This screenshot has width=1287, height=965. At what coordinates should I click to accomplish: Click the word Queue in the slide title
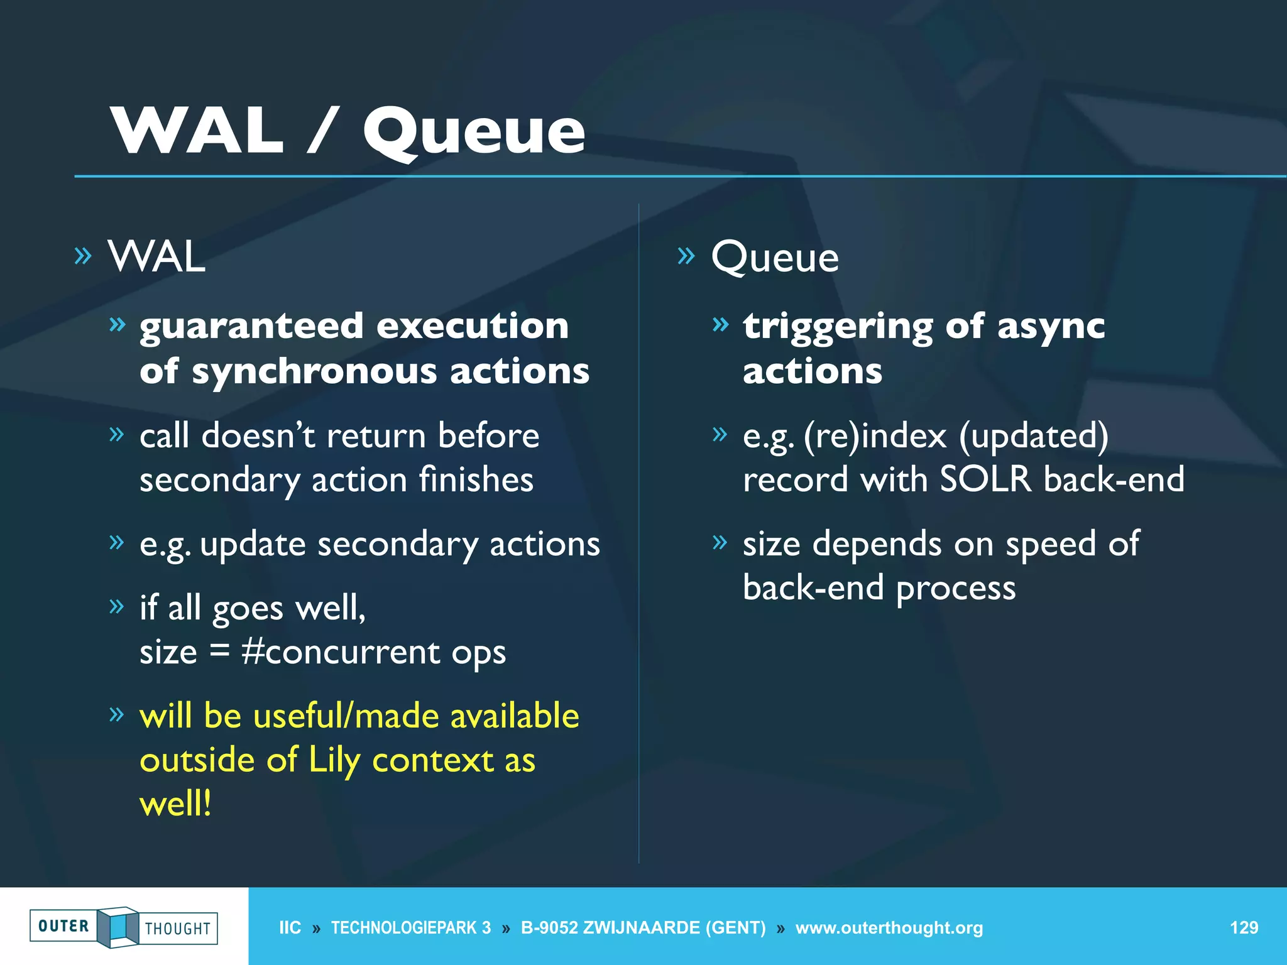coord(474,130)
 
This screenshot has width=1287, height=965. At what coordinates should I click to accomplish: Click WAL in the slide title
coord(197,130)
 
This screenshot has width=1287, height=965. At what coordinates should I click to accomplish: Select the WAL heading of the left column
coord(156,257)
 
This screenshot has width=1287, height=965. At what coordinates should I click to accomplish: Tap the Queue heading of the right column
coord(775,258)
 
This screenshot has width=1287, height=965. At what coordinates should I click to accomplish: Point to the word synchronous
coord(314,371)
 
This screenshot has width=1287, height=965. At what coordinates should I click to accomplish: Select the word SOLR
coord(985,480)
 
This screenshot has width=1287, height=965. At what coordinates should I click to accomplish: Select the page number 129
coord(1244,927)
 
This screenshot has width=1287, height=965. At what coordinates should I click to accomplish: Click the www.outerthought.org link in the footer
coord(889,928)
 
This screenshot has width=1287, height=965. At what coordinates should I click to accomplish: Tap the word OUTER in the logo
coord(63,926)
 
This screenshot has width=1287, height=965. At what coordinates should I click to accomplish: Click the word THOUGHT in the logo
coord(177,929)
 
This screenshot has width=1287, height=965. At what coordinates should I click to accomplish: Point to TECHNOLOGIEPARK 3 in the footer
coord(411,928)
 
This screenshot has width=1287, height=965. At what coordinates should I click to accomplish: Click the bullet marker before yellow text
coord(116,714)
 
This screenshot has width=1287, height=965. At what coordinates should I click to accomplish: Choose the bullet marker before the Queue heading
coord(686,256)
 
